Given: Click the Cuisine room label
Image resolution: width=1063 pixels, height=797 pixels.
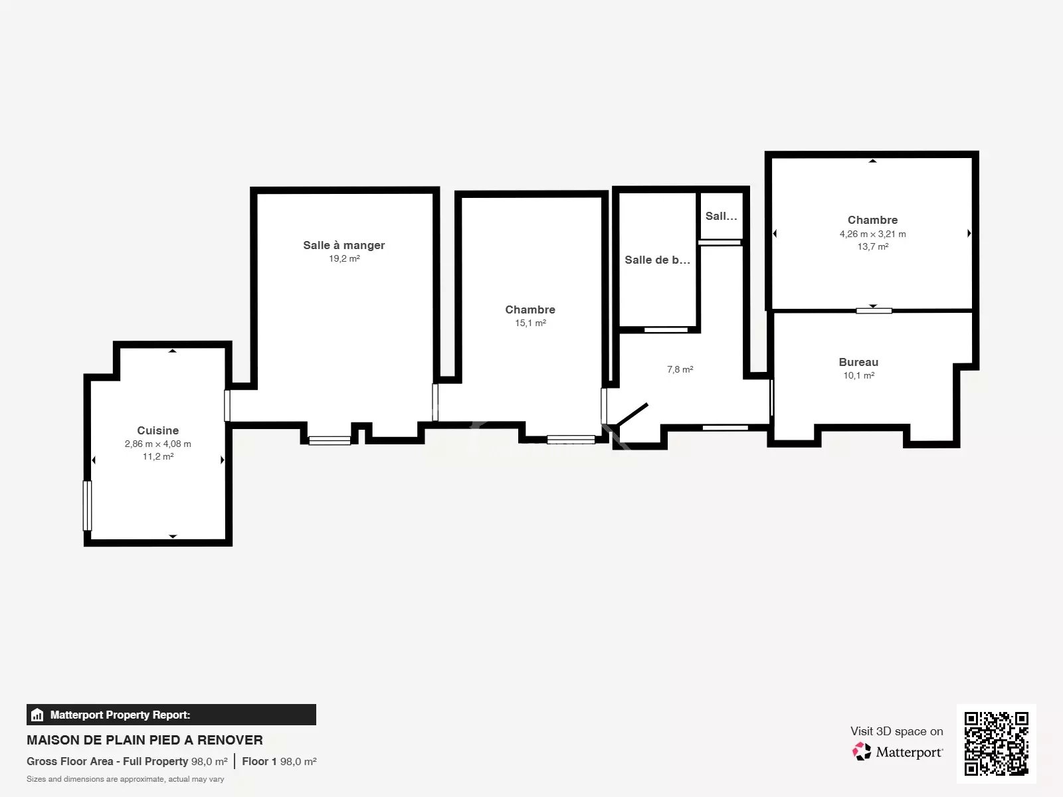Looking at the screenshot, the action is (158, 430).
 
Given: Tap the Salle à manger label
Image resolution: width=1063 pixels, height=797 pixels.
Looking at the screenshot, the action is (344, 245).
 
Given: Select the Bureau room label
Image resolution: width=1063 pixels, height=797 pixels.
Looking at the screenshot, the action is (858, 362).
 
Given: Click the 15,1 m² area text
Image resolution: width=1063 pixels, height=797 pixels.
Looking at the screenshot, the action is (530, 323).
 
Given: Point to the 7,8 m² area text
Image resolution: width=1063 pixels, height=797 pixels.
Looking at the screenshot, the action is (680, 369).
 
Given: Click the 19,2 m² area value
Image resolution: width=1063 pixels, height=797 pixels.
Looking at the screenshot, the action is (344, 258).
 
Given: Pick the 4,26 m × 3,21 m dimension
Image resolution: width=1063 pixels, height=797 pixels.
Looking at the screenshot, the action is (873, 234).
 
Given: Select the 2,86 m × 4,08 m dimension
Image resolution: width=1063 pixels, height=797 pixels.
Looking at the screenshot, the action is (158, 444).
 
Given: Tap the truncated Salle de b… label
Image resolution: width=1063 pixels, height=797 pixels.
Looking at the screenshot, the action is (657, 260).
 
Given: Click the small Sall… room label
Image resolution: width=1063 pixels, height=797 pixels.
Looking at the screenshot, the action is (721, 216).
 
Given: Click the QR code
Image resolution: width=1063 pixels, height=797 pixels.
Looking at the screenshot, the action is (996, 743).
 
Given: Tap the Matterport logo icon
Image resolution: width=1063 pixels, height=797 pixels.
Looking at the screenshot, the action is (862, 752).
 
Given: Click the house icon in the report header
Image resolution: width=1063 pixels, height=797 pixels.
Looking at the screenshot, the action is (37, 715).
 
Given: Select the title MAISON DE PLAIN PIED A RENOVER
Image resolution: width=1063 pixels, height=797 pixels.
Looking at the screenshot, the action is (145, 740).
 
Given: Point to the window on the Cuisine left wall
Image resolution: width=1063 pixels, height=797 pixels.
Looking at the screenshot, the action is (87, 505).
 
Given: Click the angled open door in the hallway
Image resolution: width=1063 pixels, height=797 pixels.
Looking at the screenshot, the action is (631, 415).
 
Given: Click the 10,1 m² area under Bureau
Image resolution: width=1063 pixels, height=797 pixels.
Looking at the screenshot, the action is (858, 375).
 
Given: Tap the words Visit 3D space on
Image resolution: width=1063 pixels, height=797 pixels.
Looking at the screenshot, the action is (896, 731).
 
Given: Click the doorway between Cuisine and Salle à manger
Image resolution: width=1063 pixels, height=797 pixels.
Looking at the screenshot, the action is (227, 406).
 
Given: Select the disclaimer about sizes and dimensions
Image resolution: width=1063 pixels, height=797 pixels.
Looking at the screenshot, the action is (126, 779).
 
